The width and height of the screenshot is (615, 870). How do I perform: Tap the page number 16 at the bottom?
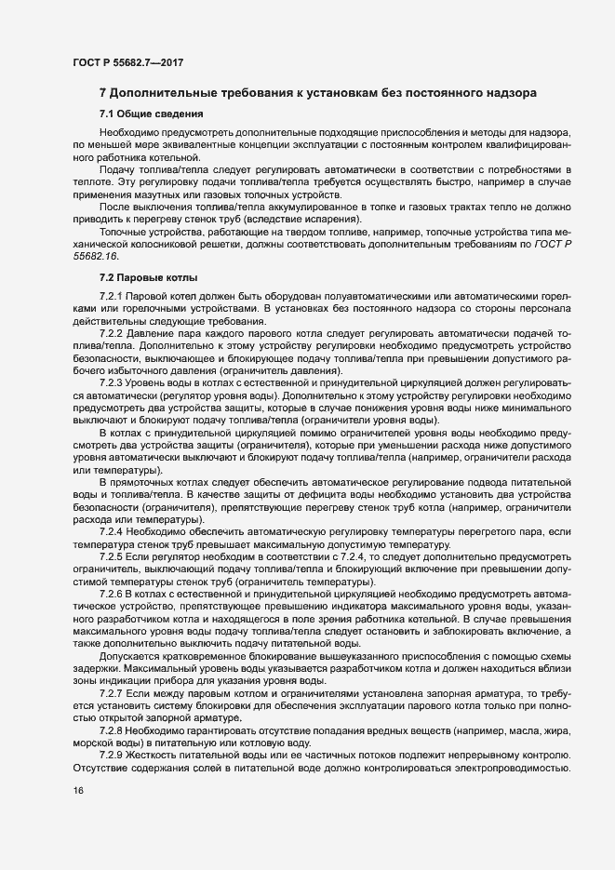pos(78,790)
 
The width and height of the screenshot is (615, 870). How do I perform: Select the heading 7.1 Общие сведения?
pos(151,114)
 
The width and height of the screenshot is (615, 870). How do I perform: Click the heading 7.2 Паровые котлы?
pos(147,278)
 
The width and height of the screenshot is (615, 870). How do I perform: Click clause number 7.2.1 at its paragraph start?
pos(114,296)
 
